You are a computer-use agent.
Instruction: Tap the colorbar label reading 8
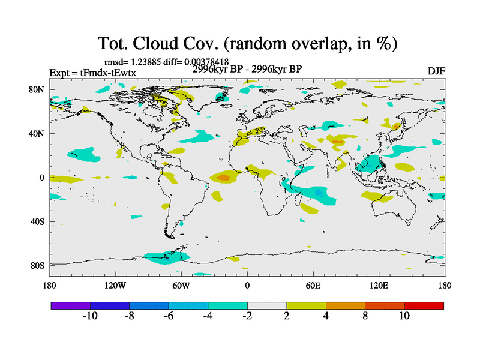[365, 316]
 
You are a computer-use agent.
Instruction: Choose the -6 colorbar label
[168, 316]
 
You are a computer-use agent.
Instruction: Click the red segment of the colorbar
[424, 305]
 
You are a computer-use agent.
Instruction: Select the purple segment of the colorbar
[70, 305]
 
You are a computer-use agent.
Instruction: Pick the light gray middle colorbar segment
[266, 305]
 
